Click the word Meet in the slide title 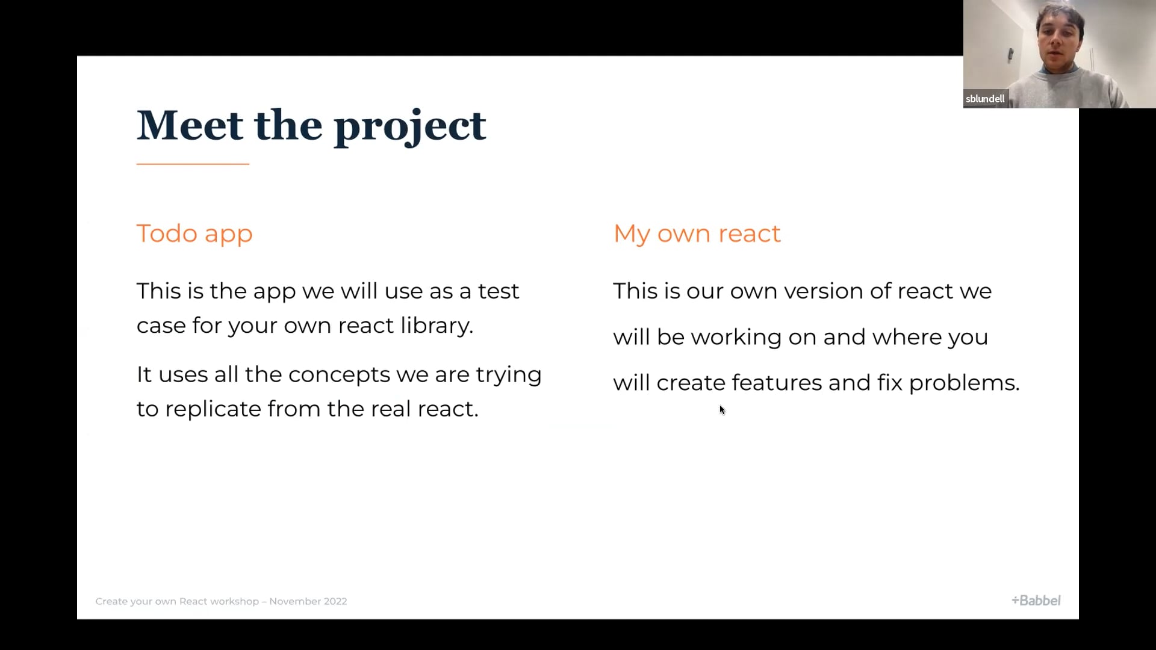point(190,125)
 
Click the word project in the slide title point(410,128)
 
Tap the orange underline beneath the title point(193,164)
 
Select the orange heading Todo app point(194,234)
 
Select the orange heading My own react point(697,234)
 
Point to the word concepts point(340,376)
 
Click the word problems point(964,384)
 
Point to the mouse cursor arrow point(722,410)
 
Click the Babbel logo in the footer point(1036,600)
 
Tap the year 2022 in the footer point(335,601)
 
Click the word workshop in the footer point(235,601)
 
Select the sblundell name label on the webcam point(985,99)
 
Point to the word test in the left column point(499,291)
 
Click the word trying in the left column point(509,376)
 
